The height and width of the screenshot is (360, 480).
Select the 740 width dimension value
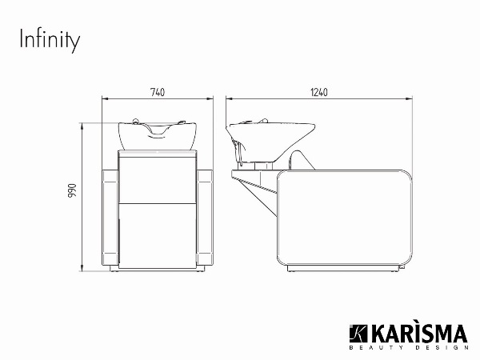[x=158, y=92]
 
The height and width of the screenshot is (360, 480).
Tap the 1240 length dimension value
[x=319, y=92]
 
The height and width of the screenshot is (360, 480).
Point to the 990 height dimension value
[x=72, y=190]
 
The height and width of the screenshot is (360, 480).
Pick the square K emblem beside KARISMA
[x=358, y=334]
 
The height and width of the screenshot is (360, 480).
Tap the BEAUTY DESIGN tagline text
[x=409, y=348]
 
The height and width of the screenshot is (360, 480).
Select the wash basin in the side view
[x=270, y=142]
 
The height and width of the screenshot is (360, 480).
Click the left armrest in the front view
[x=110, y=218]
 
